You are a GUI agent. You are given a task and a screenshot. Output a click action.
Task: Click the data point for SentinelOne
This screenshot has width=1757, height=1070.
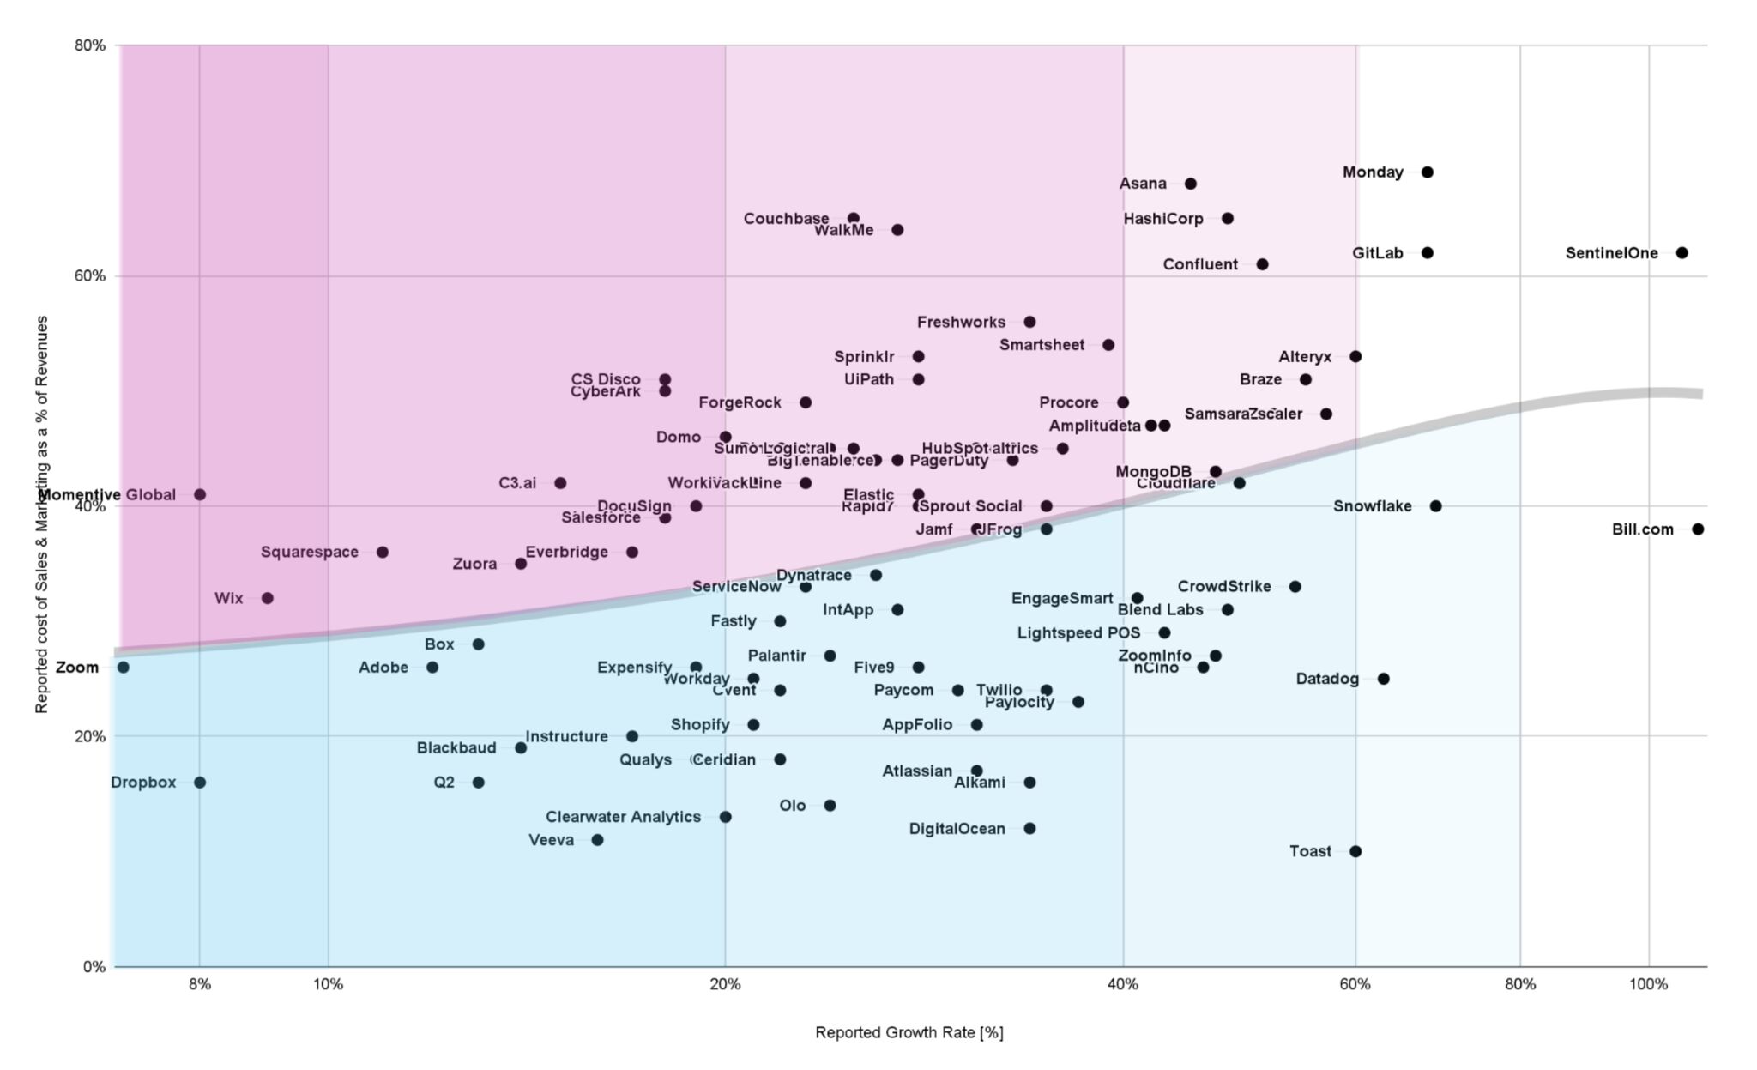coord(1682,253)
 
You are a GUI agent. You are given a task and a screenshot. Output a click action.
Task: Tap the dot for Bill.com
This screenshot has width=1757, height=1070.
coord(1697,529)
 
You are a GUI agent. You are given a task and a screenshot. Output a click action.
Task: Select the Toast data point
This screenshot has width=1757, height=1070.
coord(1355,851)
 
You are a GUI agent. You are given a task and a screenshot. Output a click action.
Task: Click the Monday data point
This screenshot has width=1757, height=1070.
coord(1428,172)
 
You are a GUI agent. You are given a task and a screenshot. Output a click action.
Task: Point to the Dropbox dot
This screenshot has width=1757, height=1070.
coord(200,783)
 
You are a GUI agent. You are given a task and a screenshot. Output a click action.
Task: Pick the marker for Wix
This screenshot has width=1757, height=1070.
coord(268,598)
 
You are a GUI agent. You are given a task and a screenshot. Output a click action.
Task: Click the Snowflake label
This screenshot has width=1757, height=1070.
coord(1372,506)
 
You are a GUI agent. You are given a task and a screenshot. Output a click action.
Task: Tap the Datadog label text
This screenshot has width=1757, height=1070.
coord(1327,679)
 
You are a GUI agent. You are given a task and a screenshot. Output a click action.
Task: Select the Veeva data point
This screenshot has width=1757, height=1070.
coord(598,840)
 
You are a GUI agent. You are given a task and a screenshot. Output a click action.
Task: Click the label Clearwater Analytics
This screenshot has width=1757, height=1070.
coord(623,817)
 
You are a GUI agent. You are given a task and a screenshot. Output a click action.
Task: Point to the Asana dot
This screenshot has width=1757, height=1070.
coord(1191,184)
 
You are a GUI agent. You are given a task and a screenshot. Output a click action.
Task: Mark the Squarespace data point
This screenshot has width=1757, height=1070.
coord(383,552)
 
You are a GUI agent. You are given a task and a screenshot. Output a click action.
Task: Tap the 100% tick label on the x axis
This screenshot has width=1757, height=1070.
coord(1648,984)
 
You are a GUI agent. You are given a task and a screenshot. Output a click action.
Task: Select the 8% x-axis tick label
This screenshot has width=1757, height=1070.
coord(200,984)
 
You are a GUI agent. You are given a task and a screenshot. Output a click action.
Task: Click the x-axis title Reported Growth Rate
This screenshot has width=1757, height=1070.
coord(909,1032)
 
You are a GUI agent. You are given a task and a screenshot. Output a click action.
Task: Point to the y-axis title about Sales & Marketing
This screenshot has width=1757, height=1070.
coord(41,514)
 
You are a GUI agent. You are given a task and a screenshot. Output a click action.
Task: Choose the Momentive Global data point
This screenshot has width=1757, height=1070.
coord(200,494)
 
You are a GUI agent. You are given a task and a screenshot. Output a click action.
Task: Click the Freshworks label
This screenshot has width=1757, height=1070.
coord(961,323)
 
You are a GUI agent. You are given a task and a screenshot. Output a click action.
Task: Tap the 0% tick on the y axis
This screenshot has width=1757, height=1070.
coord(94,967)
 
